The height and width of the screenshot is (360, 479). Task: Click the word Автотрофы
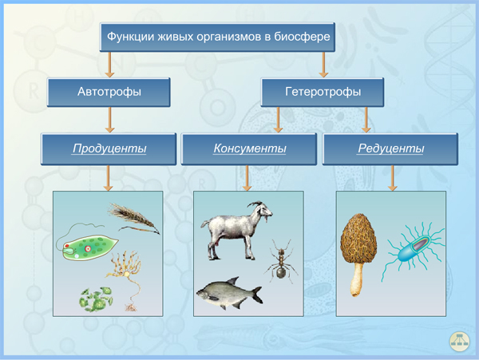click(x=109, y=92)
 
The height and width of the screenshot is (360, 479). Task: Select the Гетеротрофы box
click(x=323, y=93)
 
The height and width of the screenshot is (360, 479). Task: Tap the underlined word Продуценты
click(x=109, y=148)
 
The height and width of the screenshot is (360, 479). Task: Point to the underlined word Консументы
click(x=250, y=148)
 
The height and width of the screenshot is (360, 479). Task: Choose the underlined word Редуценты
click(x=390, y=148)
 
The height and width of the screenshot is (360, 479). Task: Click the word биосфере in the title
click(x=302, y=37)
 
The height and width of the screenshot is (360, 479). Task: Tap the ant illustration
click(x=281, y=260)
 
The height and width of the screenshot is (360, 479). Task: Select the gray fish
click(x=230, y=292)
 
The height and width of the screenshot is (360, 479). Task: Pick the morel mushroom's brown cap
click(x=358, y=238)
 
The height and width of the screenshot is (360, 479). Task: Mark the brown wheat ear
click(x=133, y=218)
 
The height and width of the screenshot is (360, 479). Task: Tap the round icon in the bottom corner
click(x=460, y=341)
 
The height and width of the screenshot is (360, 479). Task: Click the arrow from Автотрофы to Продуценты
click(x=109, y=120)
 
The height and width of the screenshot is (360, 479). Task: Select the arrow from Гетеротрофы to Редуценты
click(x=366, y=120)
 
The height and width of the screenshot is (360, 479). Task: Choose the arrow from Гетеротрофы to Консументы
click(x=278, y=120)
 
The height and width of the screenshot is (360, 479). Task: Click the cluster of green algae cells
click(x=97, y=299)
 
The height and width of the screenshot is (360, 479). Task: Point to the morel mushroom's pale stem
click(x=357, y=279)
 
